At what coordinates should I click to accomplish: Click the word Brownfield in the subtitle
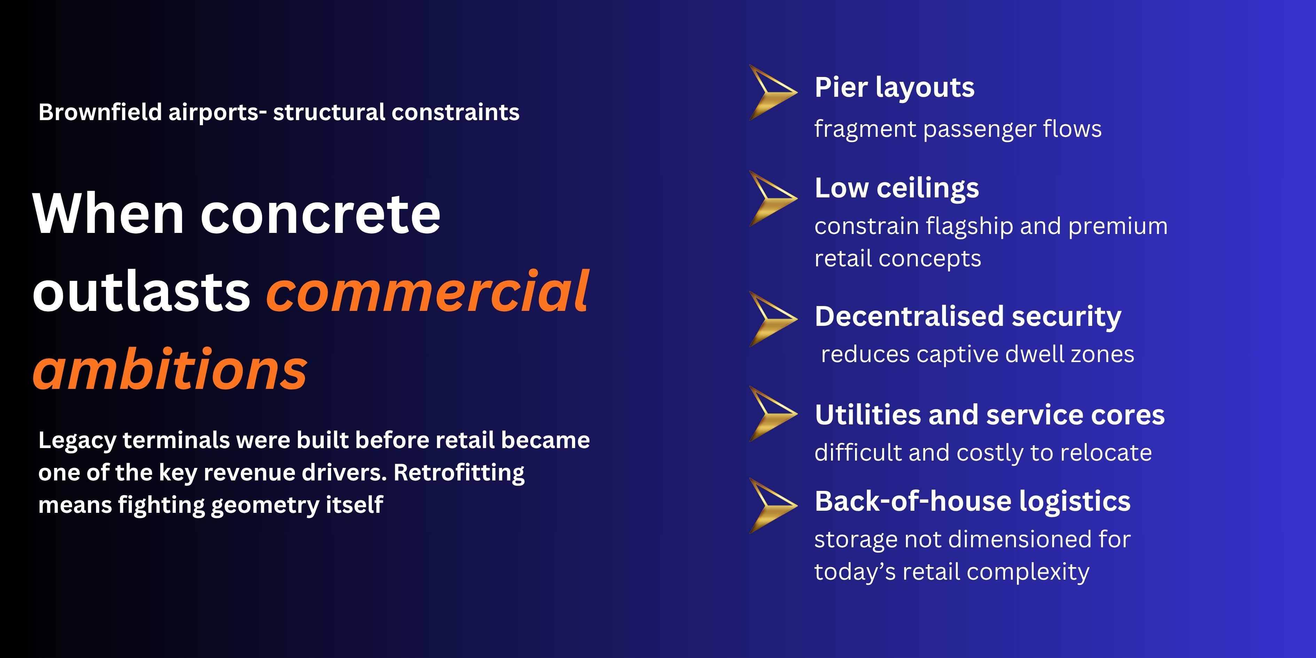100,112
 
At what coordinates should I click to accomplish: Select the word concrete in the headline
320,214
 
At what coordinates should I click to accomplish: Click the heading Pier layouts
894,88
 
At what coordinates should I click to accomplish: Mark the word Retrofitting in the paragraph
459,472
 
